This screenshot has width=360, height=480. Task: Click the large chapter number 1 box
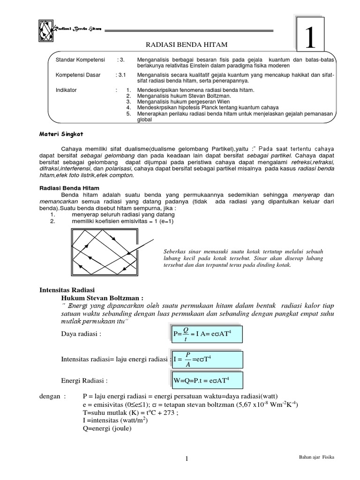click(310, 37)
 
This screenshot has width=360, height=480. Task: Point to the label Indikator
click(66, 89)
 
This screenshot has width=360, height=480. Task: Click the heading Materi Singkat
click(60, 134)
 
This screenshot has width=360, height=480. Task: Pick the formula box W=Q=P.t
click(202, 380)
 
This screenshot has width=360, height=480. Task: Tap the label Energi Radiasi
click(85, 380)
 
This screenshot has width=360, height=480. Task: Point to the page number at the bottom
click(187, 458)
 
